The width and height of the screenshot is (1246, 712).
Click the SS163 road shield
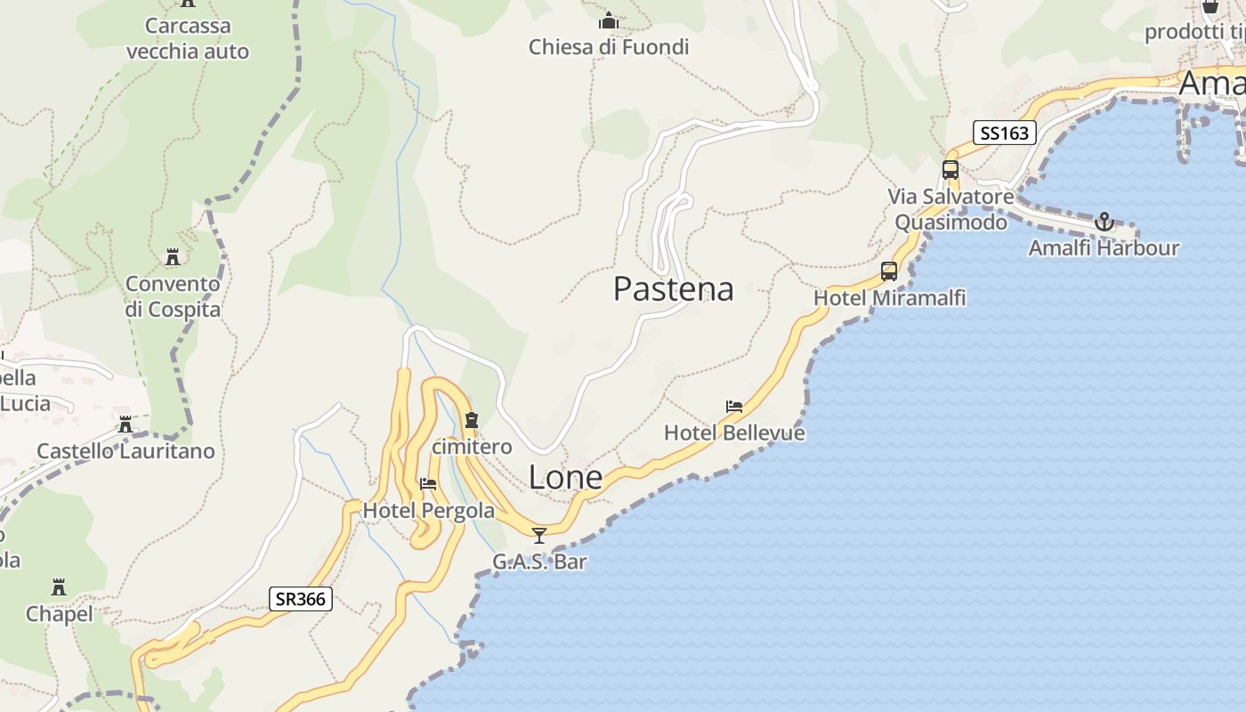[x=1005, y=133]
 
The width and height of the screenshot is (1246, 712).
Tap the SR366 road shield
[x=301, y=599]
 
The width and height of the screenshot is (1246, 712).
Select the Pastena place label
[x=674, y=288]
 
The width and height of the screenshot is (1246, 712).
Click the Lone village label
[x=565, y=477]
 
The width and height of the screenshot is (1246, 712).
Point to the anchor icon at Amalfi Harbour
[x=1104, y=222]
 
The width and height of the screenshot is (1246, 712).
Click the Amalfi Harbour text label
[x=1104, y=247]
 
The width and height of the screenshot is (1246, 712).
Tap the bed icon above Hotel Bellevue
[x=734, y=407]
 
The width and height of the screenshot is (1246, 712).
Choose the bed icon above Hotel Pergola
[x=428, y=484]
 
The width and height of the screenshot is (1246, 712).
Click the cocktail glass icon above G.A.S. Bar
[x=539, y=535]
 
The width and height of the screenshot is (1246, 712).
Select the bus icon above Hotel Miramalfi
[x=889, y=271]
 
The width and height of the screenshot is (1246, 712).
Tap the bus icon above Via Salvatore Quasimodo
[x=951, y=169]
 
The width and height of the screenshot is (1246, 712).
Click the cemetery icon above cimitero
[x=472, y=420]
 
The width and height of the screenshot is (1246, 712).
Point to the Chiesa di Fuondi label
[x=609, y=46]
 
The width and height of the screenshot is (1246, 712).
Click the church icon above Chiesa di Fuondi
[x=609, y=20]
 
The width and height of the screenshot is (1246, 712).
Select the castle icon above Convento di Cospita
[x=173, y=257]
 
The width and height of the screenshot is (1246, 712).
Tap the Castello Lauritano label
[x=125, y=450]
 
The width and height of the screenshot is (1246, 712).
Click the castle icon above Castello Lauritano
[x=125, y=425]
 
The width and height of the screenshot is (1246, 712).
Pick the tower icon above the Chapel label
[x=59, y=587]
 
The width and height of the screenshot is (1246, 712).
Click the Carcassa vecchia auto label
[x=188, y=38]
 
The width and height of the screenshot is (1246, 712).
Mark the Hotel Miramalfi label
[x=889, y=297]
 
